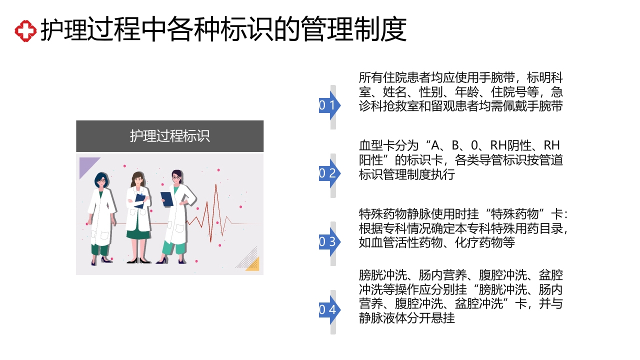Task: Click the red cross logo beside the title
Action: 25,31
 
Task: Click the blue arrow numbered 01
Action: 329,105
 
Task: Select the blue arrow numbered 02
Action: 329,173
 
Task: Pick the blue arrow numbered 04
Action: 329,310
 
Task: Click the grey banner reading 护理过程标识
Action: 169,136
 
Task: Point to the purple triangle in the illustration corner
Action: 87,165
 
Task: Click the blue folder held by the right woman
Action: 167,198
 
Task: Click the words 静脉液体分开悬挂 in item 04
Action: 407,318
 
